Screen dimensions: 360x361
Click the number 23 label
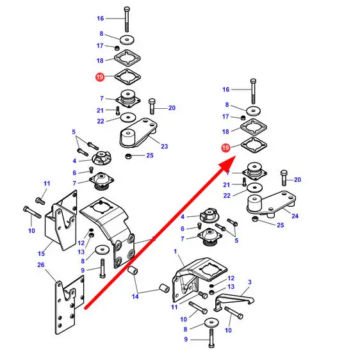pyautogui.click(x=165, y=146)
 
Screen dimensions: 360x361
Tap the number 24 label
pyautogui.click(x=295, y=216)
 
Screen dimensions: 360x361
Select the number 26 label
pyautogui.click(x=41, y=265)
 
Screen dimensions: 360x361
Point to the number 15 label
pyautogui.click(x=41, y=253)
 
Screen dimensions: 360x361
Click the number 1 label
pyautogui.click(x=176, y=251)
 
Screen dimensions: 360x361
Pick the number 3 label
pyautogui.click(x=250, y=282)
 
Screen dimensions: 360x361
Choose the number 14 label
pyautogui.click(x=135, y=296)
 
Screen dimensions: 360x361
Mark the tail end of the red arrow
pyautogui.click(x=85, y=309)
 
